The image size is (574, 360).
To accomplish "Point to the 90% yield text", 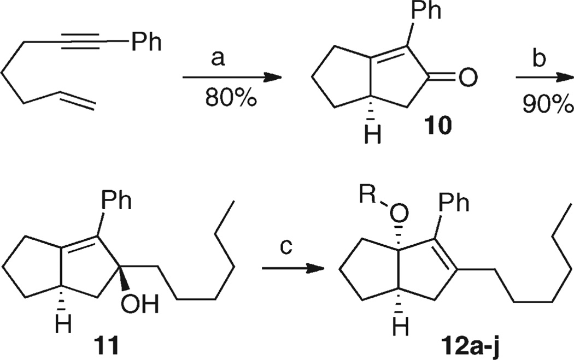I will click(x=548, y=103).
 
